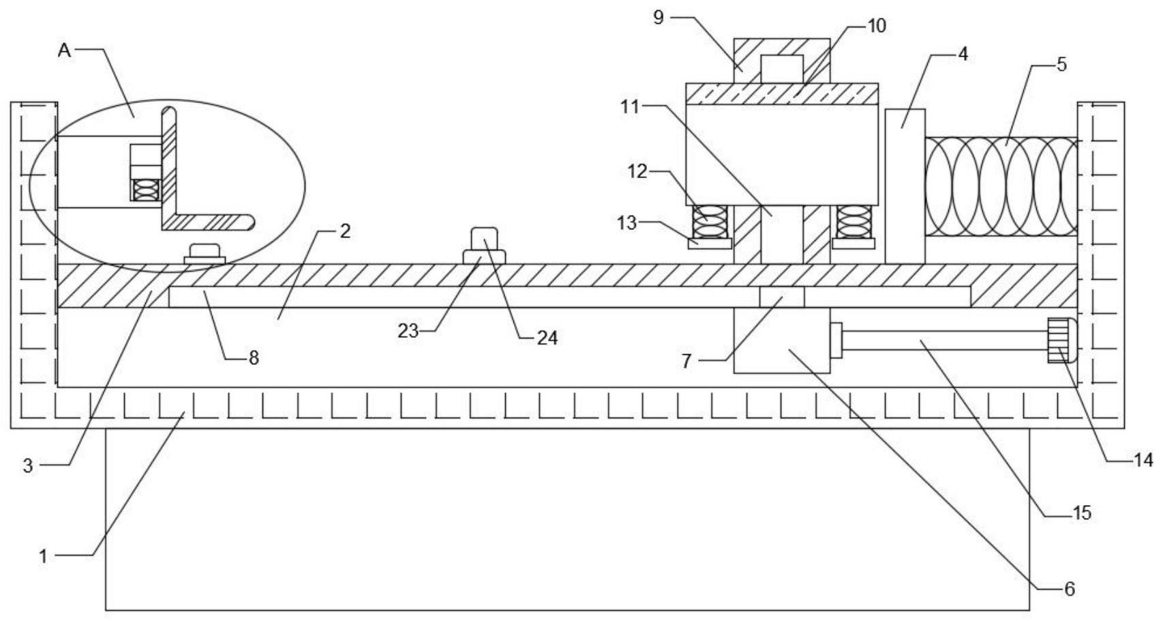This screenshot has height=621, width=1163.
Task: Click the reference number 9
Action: coord(658,17)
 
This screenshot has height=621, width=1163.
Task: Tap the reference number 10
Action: coord(877,26)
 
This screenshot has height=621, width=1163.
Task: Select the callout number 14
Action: coord(1143,461)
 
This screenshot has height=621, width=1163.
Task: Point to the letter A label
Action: coord(65,50)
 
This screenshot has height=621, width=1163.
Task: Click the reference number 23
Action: coord(408,330)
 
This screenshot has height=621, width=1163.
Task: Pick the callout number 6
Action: coord(1069,588)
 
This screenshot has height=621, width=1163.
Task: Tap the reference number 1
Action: coord(44,556)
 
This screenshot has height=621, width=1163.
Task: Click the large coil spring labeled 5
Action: coord(1000,187)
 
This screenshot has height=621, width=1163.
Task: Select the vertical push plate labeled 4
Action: coord(905,186)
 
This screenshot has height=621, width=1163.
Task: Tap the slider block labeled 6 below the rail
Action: coord(781,341)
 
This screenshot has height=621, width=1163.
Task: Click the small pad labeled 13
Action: coord(710,244)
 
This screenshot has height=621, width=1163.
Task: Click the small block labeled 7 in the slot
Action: coord(782,297)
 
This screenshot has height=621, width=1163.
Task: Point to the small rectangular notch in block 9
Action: coord(782,69)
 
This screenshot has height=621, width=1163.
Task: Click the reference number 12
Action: coord(637,171)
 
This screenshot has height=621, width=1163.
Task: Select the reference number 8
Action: coord(254,358)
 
